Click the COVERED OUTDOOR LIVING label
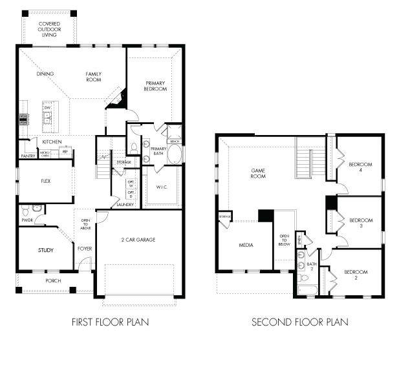(49, 29)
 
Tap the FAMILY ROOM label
(94, 78)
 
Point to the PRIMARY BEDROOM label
(155, 85)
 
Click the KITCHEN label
(52, 141)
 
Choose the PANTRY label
(28, 156)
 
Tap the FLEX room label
(46, 182)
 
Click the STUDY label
(46, 250)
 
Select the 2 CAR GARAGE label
(138, 240)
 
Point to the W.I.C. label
(162, 188)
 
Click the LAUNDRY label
(125, 205)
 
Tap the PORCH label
(52, 280)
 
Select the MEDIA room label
(246, 245)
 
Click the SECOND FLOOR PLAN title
(299, 321)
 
